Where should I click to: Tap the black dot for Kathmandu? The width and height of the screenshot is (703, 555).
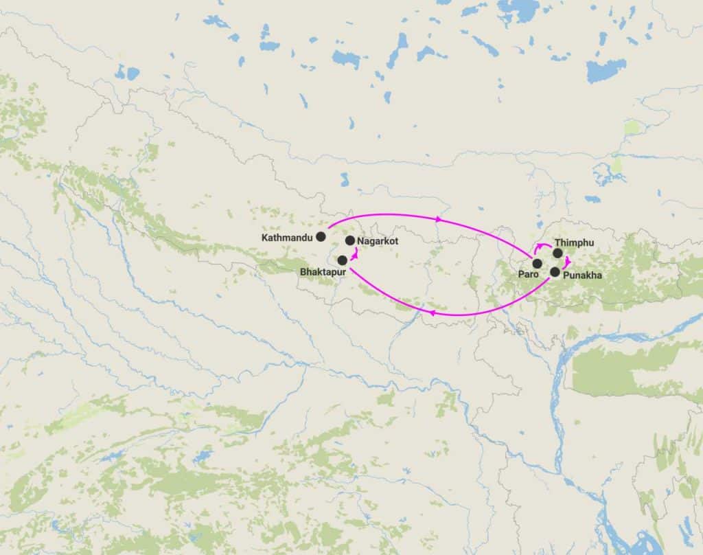pos(321,237)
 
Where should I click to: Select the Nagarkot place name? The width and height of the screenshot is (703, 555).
pos(378,241)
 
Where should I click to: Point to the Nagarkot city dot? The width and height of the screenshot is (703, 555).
pos(350,240)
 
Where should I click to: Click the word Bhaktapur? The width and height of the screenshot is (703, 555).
pos(323,272)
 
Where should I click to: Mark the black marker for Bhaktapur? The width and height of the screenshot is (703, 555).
pos(342,260)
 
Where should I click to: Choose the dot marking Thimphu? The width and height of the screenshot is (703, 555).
pos(557,253)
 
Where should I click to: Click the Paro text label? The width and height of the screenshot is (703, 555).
pos(528,274)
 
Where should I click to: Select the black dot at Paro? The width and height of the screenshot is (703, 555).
pos(537,263)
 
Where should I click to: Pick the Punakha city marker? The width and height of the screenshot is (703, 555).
pos(555,272)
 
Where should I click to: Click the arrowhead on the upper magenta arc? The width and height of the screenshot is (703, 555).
pos(439,219)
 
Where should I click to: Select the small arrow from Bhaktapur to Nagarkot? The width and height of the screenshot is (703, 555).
pos(354,254)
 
